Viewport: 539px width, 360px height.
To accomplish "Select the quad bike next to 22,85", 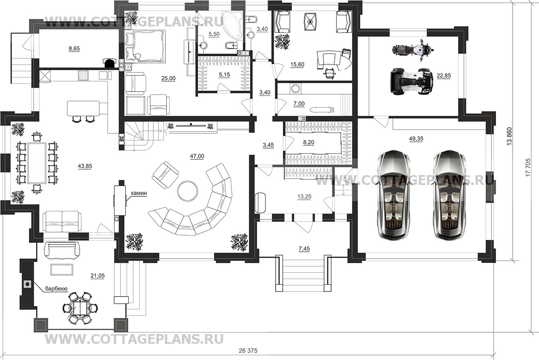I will click(x=412, y=81).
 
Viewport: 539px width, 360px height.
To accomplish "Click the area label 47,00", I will click(x=197, y=156).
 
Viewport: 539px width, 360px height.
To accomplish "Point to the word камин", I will click(x=138, y=193).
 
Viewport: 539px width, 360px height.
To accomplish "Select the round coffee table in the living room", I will click(x=187, y=190).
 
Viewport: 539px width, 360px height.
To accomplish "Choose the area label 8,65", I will click(x=74, y=49).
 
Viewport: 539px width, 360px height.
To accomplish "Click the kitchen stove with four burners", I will click(x=83, y=75).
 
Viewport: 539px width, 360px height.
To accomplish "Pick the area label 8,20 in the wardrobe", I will click(x=308, y=143).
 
